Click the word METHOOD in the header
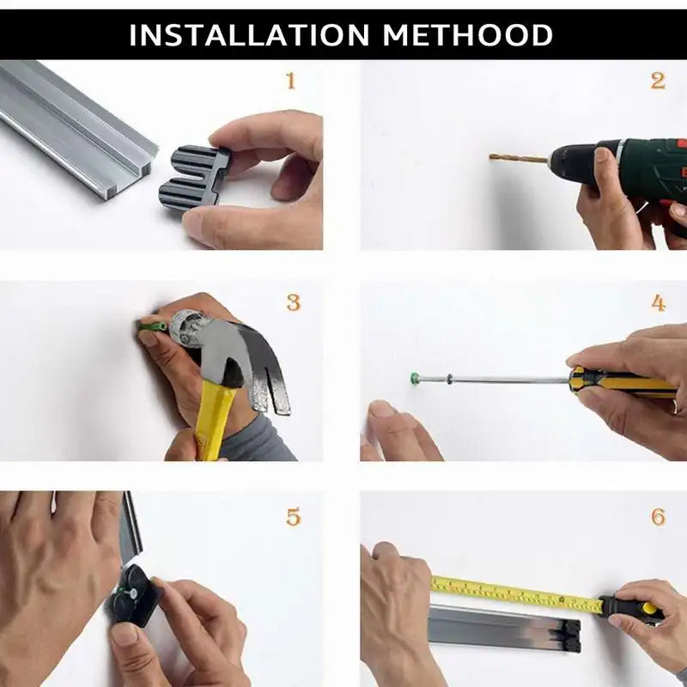(468, 35)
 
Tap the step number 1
(290, 82)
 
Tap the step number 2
(658, 82)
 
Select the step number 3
(293, 303)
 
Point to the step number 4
(658, 303)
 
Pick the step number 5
(293, 517)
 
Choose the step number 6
(658, 517)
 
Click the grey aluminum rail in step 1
(77, 129)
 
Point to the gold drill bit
(518, 159)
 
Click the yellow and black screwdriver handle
(618, 382)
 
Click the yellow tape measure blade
(515, 593)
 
